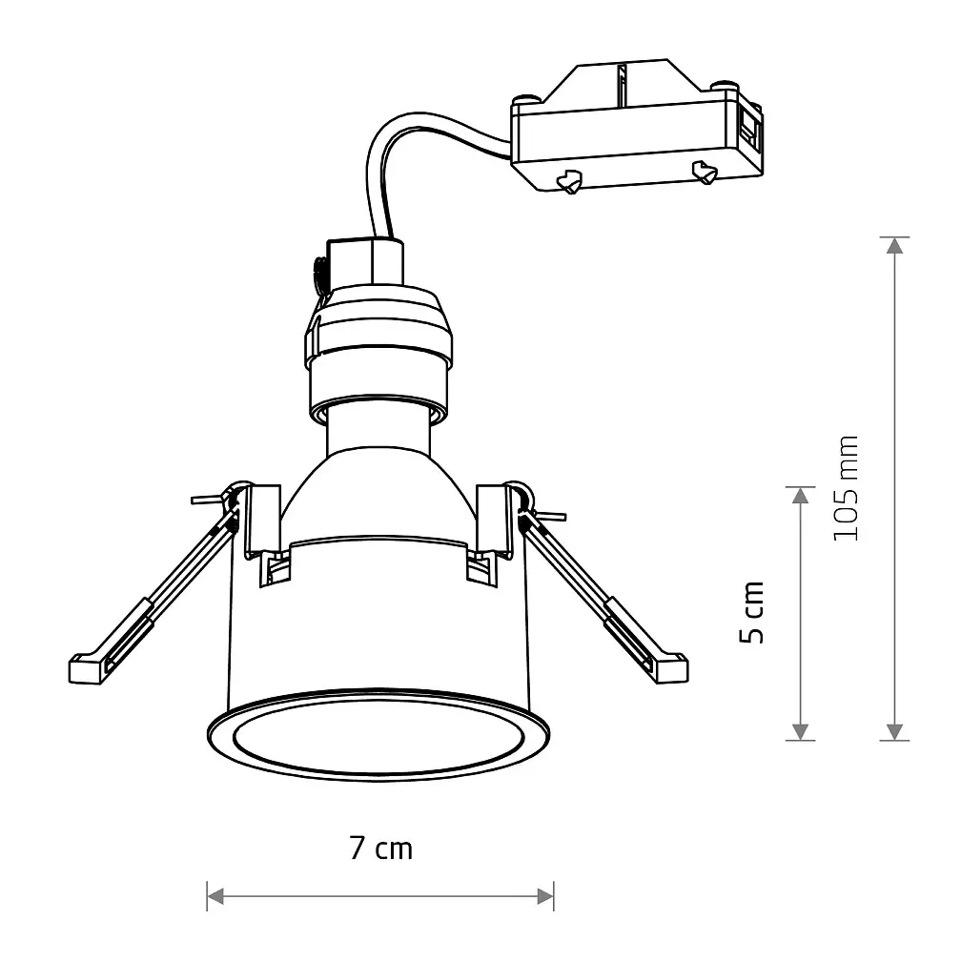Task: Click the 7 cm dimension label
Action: click(x=380, y=849)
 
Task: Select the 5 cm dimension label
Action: click(x=752, y=612)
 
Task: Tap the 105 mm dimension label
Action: click(x=845, y=488)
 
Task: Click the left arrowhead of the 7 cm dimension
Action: click(x=215, y=896)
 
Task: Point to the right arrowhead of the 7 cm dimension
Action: click(x=545, y=896)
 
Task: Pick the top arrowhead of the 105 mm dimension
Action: click(x=895, y=245)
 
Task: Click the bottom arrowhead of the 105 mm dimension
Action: click(x=895, y=732)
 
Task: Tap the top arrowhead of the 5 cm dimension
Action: click(x=800, y=495)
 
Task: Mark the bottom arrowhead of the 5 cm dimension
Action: click(x=800, y=732)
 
